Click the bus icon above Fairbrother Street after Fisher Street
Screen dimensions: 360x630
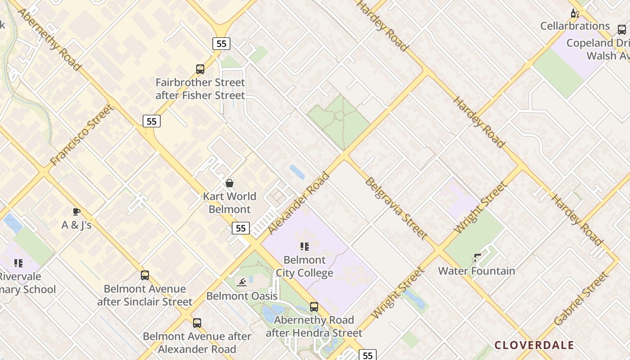[x=200, y=69]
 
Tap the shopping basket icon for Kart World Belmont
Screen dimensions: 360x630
[x=229, y=183]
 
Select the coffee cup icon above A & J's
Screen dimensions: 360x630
[x=76, y=211]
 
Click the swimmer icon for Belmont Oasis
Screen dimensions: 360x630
[x=242, y=283]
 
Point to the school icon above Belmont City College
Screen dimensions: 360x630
[x=305, y=247]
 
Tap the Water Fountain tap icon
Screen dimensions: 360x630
[x=477, y=258]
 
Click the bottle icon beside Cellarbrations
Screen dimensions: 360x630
[x=575, y=13]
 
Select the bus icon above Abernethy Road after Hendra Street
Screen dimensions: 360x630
[x=314, y=307]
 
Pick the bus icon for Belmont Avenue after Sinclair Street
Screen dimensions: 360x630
[x=144, y=275]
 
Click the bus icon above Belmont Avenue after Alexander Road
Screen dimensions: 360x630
[x=197, y=323]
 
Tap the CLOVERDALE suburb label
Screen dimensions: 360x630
[x=534, y=345]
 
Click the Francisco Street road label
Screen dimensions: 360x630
[x=82, y=135]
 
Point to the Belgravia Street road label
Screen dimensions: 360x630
[x=396, y=208]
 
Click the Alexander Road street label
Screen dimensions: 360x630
[x=299, y=203]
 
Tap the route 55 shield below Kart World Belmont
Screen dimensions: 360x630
[x=241, y=228]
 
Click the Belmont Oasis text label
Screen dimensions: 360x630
[x=242, y=296]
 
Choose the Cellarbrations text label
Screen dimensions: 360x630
[x=575, y=26]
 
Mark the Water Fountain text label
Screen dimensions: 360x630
[x=477, y=271]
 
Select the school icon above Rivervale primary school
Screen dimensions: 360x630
[x=18, y=263]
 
